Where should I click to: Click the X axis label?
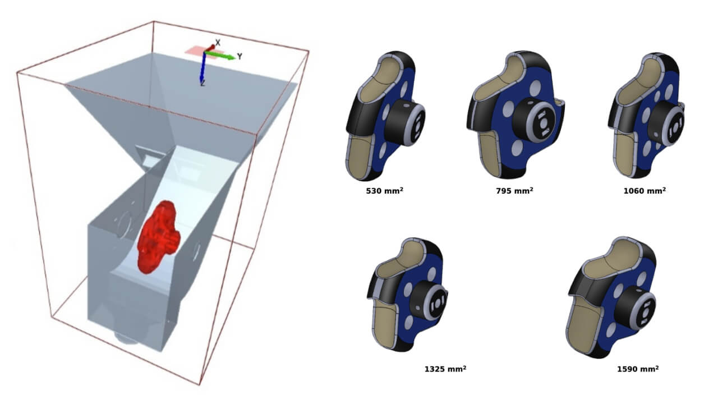coord(218,43)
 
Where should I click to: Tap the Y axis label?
coord(239,57)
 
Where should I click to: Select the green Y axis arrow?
coord(221,56)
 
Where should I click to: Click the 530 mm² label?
coord(384,191)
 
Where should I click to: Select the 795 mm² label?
coord(514,191)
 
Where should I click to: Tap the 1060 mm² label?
coord(645,191)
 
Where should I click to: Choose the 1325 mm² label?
coord(445,369)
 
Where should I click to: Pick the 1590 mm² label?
coord(638,369)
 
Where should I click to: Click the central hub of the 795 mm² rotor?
coord(537,119)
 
